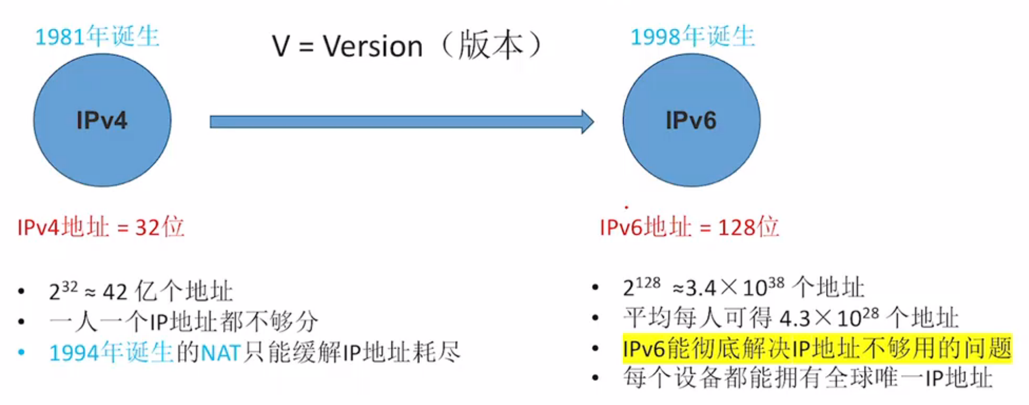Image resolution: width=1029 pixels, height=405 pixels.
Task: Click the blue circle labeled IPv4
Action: [102, 121]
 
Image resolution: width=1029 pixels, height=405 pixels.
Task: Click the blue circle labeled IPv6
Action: [691, 121]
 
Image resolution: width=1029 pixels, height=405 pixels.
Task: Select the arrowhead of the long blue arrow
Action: [587, 122]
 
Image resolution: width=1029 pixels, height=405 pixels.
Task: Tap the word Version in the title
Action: [373, 46]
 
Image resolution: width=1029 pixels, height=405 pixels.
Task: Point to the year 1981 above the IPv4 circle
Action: [59, 37]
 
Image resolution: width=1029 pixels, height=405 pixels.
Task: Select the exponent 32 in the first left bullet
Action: [70, 287]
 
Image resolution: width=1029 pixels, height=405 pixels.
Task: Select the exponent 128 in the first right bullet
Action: [648, 283]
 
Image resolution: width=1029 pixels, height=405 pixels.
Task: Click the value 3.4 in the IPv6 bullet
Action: [701, 289]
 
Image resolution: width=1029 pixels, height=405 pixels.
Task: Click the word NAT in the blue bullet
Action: [220, 353]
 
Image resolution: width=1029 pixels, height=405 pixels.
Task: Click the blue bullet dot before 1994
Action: [21, 352]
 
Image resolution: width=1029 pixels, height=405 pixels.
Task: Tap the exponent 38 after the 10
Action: [776, 282]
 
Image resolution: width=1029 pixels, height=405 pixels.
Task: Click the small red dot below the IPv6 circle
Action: [626, 207]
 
